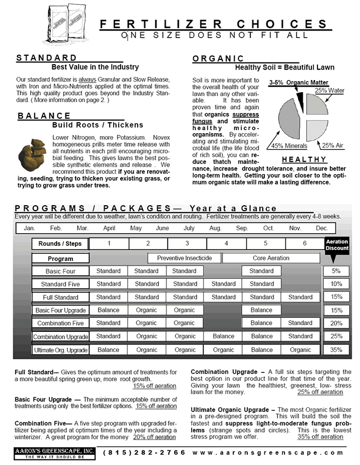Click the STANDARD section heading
click(x=47, y=58)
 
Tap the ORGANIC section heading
click(x=218, y=59)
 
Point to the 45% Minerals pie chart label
click(x=289, y=146)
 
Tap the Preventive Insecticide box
click(x=184, y=258)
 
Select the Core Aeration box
click(x=271, y=258)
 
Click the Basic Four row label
click(x=60, y=271)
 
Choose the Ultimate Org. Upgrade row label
click(x=61, y=350)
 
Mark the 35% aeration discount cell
click(x=336, y=350)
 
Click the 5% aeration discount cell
click(x=336, y=271)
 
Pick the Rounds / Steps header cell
click(x=60, y=244)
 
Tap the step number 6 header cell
click(x=305, y=243)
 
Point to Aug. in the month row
click(x=215, y=228)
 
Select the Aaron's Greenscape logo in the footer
click(x=54, y=454)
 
